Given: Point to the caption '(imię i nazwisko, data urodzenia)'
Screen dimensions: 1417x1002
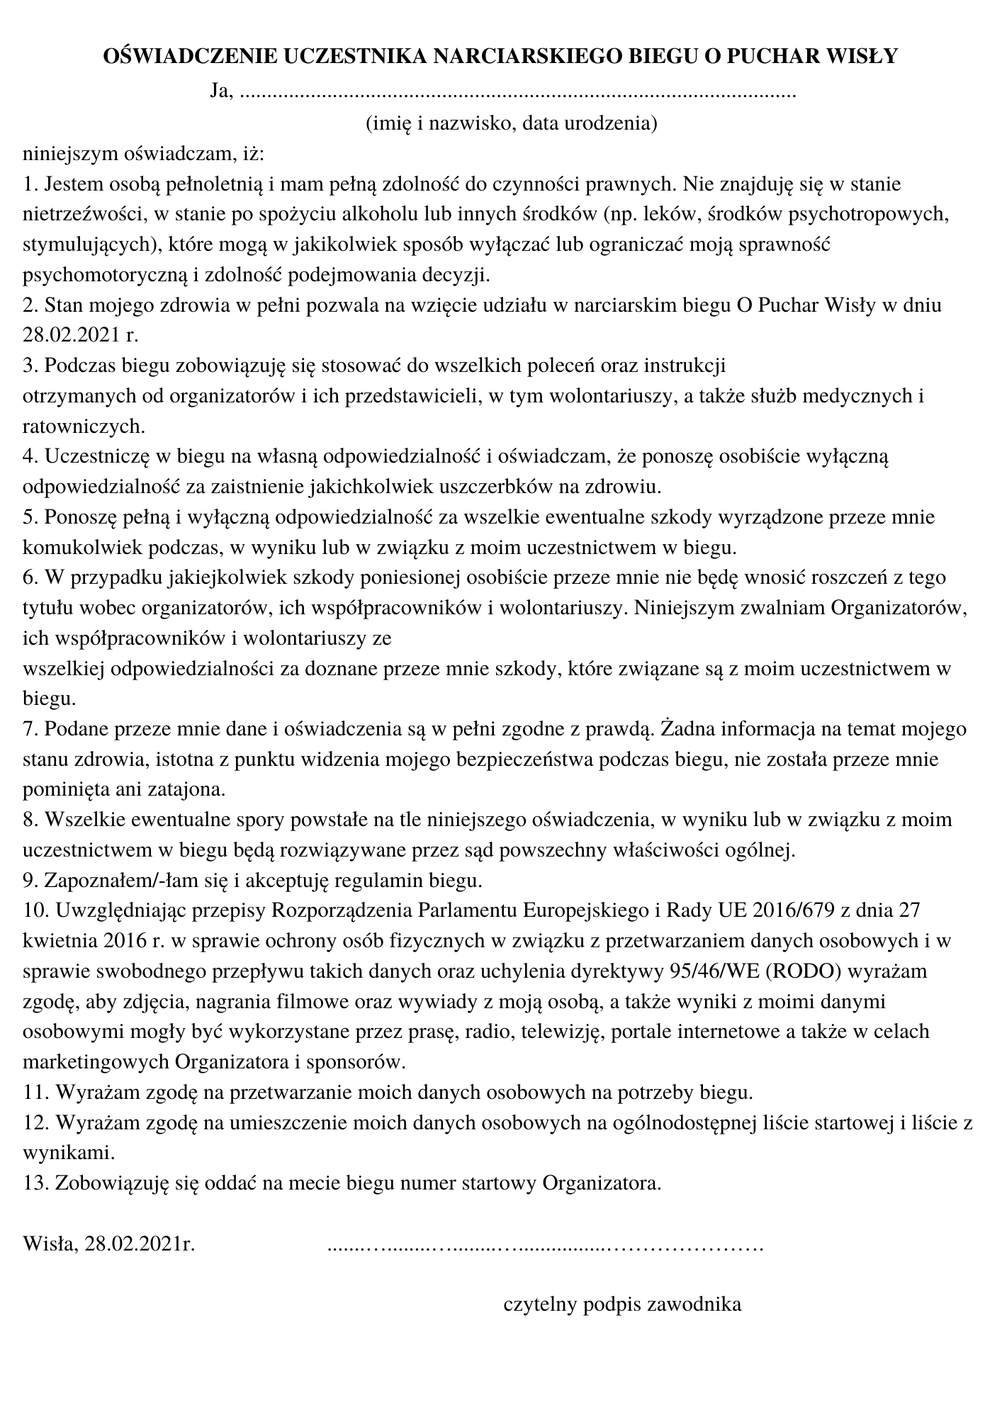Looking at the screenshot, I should [x=512, y=123].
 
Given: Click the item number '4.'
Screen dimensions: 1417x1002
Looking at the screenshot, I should [x=30, y=457].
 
